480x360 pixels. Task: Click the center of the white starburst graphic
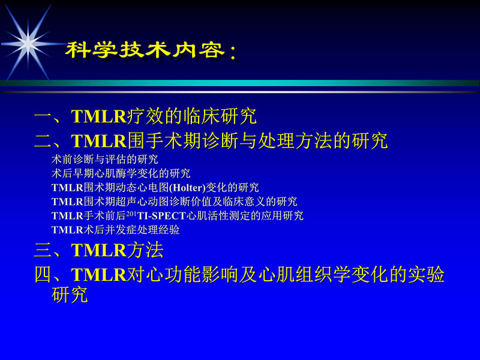27,41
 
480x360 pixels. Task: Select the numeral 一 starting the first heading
43,116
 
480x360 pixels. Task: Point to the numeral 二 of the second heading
43,141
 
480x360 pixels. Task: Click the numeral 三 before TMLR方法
43,249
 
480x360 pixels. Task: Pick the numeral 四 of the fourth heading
43,275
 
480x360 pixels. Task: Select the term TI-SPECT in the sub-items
161,215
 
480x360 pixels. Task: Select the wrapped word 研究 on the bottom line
70,295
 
